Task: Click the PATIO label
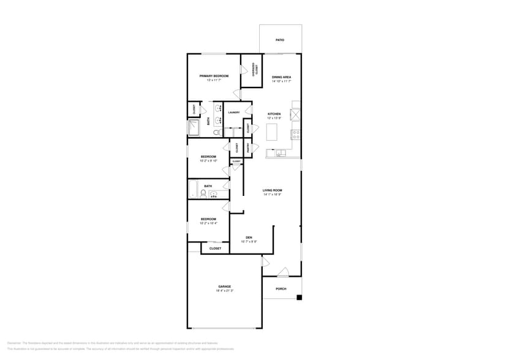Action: tap(279, 40)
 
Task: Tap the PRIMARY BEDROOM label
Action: tap(214, 76)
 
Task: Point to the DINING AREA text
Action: tap(281, 77)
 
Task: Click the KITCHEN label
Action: tap(274, 114)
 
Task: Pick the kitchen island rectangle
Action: tap(272, 131)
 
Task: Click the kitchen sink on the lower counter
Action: tap(279, 153)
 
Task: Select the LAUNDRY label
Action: tap(233, 113)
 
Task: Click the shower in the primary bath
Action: tap(194, 128)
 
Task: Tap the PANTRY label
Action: tap(248, 148)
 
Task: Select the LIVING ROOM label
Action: tap(273, 190)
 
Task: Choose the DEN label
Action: tap(249, 238)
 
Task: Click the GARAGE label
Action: tap(224, 287)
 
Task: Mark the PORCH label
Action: tap(281, 289)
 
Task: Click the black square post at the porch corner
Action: tap(299, 298)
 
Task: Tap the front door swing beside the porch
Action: tap(282, 272)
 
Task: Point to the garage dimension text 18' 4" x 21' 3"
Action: tap(224, 291)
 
